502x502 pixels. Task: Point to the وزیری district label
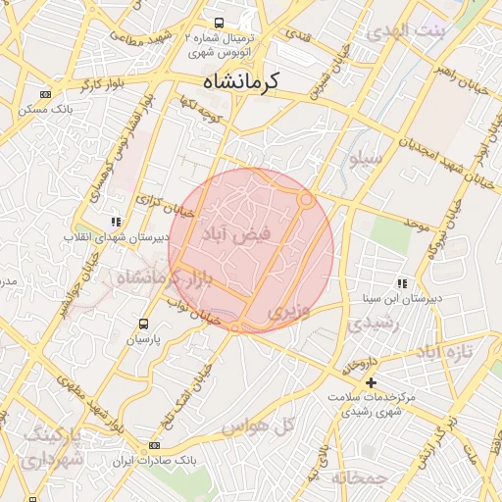click(x=290, y=313)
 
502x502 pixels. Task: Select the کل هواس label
click(x=259, y=426)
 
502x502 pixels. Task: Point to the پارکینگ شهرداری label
click(x=49, y=446)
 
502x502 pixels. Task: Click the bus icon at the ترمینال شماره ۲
click(x=217, y=23)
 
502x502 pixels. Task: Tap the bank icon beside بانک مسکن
click(x=45, y=95)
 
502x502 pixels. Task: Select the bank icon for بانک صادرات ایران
click(x=154, y=446)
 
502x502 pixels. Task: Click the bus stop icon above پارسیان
click(x=144, y=323)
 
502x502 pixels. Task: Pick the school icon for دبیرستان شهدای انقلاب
click(x=117, y=222)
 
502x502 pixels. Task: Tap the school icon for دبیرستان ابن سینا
click(x=401, y=282)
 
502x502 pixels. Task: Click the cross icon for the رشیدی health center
click(x=371, y=382)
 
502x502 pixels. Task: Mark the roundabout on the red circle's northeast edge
click(x=307, y=200)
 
